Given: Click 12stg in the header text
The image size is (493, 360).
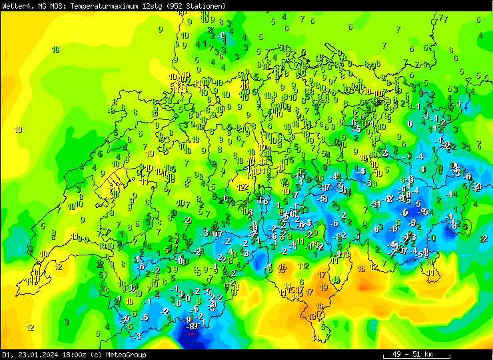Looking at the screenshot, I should (154, 5).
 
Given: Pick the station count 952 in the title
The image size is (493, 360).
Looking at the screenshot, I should (178, 5).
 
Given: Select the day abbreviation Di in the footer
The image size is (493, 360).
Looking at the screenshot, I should (7, 355).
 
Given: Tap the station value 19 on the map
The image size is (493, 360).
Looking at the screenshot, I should (324, 288).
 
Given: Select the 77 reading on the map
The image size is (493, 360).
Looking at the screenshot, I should (444, 19).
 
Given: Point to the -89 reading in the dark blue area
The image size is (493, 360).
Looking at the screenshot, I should (193, 327).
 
